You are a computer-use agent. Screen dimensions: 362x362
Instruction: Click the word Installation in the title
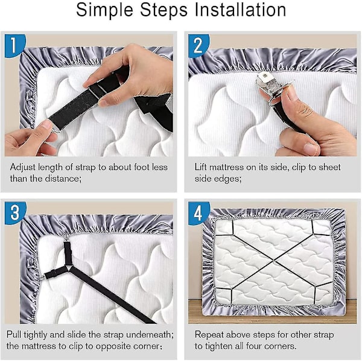[x=240, y=10]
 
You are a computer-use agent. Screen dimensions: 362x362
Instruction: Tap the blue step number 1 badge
[x=14, y=46]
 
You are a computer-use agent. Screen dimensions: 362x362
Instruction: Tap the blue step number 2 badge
[x=198, y=46]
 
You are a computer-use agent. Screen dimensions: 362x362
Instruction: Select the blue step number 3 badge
[x=14, y=213]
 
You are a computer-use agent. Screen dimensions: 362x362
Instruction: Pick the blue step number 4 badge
[x=198, y=213]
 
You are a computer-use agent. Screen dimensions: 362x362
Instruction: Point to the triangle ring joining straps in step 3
[x=68, y=268]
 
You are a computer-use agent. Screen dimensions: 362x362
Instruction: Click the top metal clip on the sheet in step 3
[x=66, y=238]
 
